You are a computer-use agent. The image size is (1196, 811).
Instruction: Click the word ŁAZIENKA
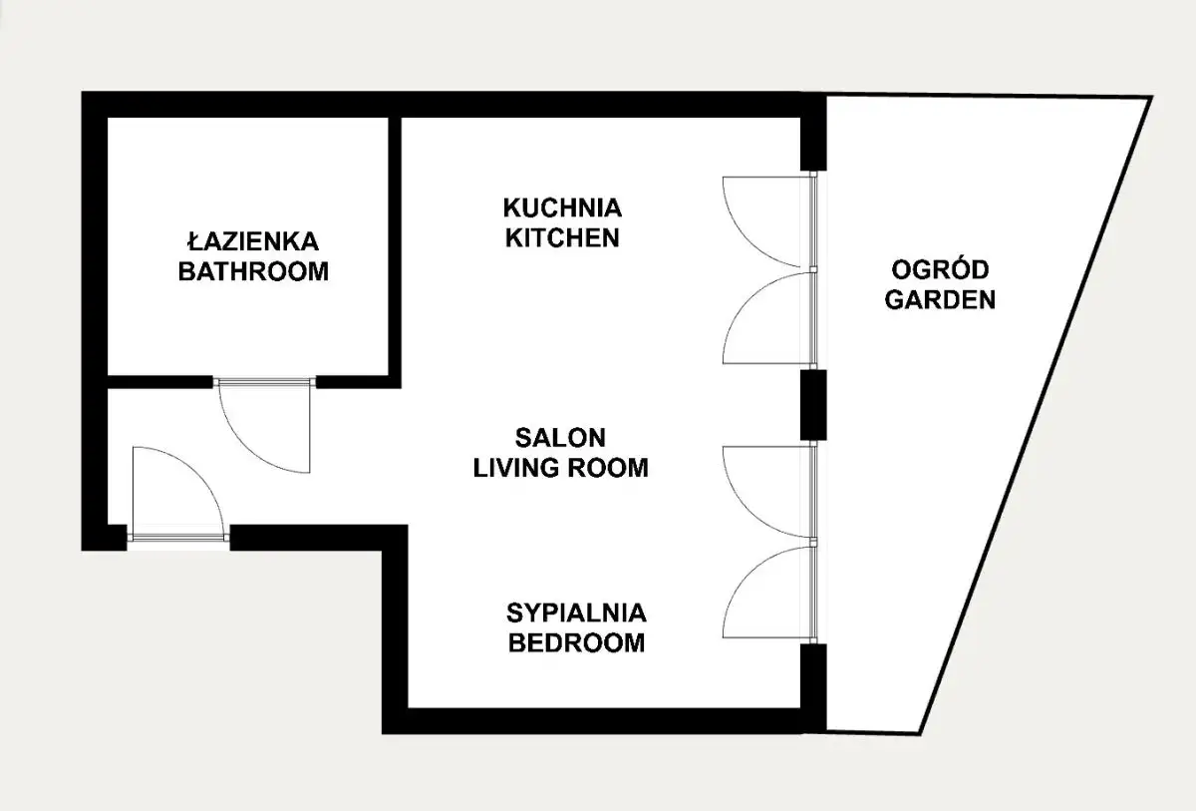coord(253,241)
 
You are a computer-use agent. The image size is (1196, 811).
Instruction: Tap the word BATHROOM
coord(253,271)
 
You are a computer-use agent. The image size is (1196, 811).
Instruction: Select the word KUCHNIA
coord(562,207)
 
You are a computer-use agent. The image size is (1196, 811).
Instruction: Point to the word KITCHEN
coord(562,237)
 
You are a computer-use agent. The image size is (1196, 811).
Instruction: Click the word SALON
coord(560,438)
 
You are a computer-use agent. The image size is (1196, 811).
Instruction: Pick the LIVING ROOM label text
coord(560,468)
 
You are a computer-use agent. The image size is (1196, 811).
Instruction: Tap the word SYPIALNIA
coord(577,612)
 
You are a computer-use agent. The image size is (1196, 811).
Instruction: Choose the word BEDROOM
coord(577,642)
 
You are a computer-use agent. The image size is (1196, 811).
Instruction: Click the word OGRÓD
coord(940,269)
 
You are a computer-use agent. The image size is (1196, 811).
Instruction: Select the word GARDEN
coord(940,299)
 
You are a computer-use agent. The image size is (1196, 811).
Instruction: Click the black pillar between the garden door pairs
coord(813,405)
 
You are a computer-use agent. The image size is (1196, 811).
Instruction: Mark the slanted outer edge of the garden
coord(1036,415)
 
